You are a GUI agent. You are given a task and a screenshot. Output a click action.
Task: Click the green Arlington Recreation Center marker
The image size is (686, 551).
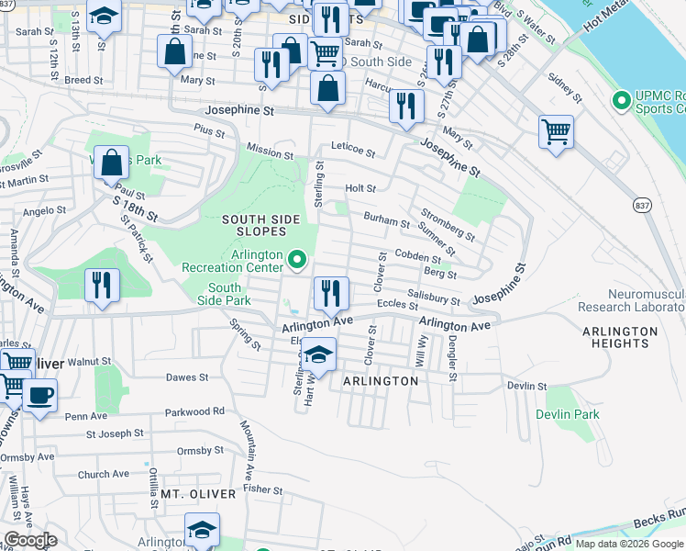[x=296, y=262]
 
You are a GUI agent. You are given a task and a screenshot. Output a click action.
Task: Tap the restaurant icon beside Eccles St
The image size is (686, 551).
[x=331, y=293]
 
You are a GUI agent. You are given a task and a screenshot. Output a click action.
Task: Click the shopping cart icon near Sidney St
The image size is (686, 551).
[x=556, y=131]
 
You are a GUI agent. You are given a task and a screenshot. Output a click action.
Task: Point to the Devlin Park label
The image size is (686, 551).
[x=569, y=414]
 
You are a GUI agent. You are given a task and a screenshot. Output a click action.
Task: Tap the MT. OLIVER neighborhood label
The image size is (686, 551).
[x=198, y=494]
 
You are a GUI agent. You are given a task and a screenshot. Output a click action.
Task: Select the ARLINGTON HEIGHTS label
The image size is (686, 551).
[x=620, y=337]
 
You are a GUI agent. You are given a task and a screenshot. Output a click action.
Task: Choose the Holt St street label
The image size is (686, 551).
[x=360, y=188]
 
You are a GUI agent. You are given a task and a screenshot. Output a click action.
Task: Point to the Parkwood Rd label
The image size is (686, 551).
[x=194, y=411]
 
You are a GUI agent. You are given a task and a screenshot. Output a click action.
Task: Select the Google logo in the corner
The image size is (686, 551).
[x=30, y=540]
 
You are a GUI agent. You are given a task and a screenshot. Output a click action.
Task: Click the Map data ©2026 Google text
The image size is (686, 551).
[x=630, y=544]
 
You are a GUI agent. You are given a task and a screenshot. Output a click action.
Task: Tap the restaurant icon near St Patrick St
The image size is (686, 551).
[x=102, y=285]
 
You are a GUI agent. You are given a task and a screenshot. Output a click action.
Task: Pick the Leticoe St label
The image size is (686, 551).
[x=353, y=151]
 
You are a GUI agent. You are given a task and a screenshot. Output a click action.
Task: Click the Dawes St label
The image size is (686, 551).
[x=187, y=377]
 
